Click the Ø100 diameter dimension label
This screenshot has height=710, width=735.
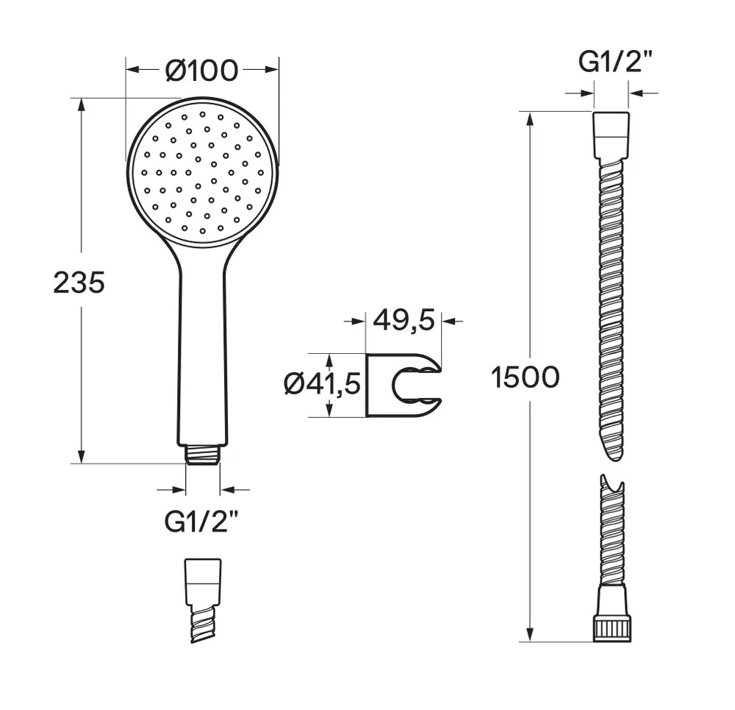[x=202, y=71]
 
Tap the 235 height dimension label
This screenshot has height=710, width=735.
[x=79, y=283]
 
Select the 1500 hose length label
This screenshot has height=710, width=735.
[x=526, y=377]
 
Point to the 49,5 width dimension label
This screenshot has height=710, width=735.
[x=404, y=321]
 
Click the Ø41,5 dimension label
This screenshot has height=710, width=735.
[x=323, y=384]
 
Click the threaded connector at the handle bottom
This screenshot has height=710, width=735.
[x=203, y=455]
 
